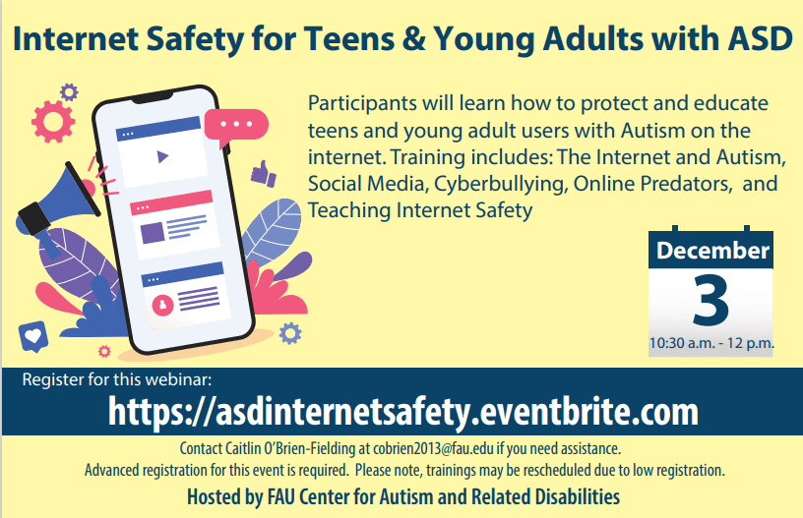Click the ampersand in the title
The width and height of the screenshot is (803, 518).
click(x=413, y=39)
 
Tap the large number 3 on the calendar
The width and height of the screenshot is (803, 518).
click(x=710, y=300)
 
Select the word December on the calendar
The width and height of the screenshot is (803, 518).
click(x=712, y=251)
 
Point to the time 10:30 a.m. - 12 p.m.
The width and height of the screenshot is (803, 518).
click(x=711, y=343)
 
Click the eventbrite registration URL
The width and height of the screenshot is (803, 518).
click(x=403, y=411)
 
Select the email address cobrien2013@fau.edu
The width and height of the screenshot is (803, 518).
click(x=433, y=448)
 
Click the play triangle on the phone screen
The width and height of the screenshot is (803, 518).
click(x=162, y=156)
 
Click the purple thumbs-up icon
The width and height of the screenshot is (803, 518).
click(x=263, y=173)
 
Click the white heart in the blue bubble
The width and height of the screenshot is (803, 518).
click(x=33, y=335)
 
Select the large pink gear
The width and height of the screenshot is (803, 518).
click(x=53, y=121)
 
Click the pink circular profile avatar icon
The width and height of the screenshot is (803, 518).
click(x=162, y=306)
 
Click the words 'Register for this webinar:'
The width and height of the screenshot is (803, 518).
click(x=117, y=379)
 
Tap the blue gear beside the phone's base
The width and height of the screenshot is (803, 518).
click(x=290, y=333)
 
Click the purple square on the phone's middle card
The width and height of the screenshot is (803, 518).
click(x=153, y=233)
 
